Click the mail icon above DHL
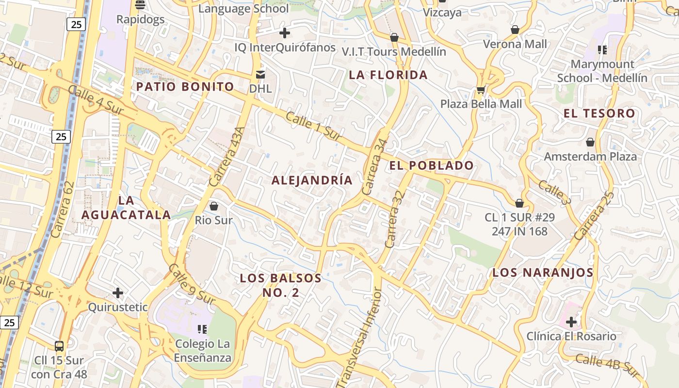(260, 74)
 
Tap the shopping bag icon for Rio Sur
(213, 206)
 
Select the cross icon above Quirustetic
(117, 293)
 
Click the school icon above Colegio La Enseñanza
(202, 329)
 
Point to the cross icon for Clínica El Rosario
(571, 322)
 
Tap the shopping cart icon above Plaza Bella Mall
(481, 90)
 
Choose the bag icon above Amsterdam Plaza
(590, 142)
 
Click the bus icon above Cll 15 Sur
(59, 346)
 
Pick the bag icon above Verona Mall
(515, 30)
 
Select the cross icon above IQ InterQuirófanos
(285, 33)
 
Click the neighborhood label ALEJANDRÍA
(312, 180)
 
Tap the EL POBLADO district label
(431, 165)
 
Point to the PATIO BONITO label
(185, 87)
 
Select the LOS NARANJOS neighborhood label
(543, 273)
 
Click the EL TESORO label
(599, 113)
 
